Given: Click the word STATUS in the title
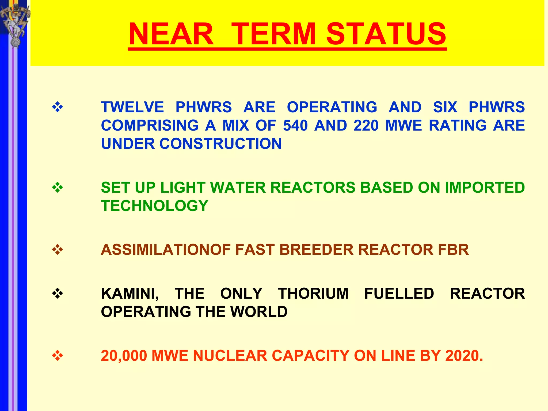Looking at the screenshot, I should [x=386, y=34].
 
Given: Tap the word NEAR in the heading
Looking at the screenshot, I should [x=171, y=34].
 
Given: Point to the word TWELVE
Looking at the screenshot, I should [x=132, y=107].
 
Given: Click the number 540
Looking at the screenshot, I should [x=295, y=125].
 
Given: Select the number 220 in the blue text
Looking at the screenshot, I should [x=366, y=125].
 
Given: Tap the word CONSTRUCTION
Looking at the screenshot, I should [x=220, y=144].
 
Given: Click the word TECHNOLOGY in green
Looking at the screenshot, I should [x=155, y=206].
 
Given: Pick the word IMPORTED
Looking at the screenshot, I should [x=485, y=188].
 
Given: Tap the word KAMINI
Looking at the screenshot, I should [x=130, y=294].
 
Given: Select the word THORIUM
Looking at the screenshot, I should [x=313, y=294].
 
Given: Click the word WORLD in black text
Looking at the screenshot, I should [x=259, y=312].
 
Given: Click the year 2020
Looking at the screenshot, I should [x=464, y=356].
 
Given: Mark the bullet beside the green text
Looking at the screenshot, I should [x=58, y=188].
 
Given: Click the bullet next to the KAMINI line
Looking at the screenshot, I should [x=58, y=294].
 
